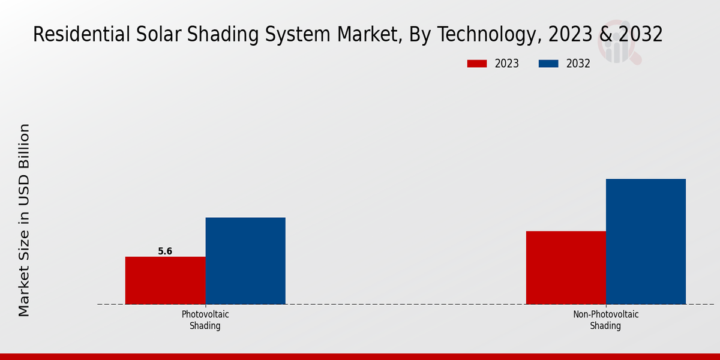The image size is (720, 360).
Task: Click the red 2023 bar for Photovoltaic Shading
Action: (x=165, y=280)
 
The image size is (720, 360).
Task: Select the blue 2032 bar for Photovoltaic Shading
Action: (x=245, y=260)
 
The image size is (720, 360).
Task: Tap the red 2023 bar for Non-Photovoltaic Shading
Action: (x=566, y=268)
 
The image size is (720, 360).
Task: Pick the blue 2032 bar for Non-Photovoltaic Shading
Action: (x=646, y=241)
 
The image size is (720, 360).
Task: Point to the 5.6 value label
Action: (x=165, y=251)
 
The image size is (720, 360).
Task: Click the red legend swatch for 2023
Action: (x=477, y=64)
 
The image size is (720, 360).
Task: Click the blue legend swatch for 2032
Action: (x=548, y=64)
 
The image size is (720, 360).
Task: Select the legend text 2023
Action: (x=507, y=64)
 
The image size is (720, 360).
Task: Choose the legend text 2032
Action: (x=578, y=64)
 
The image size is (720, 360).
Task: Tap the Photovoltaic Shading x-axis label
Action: (x=205, y=320)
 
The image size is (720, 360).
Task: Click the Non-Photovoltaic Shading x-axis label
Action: (x=605, y=320)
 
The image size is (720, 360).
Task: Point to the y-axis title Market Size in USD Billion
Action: (x=24, y=220)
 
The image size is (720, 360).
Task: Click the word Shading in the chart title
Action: (x=219, y=35)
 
